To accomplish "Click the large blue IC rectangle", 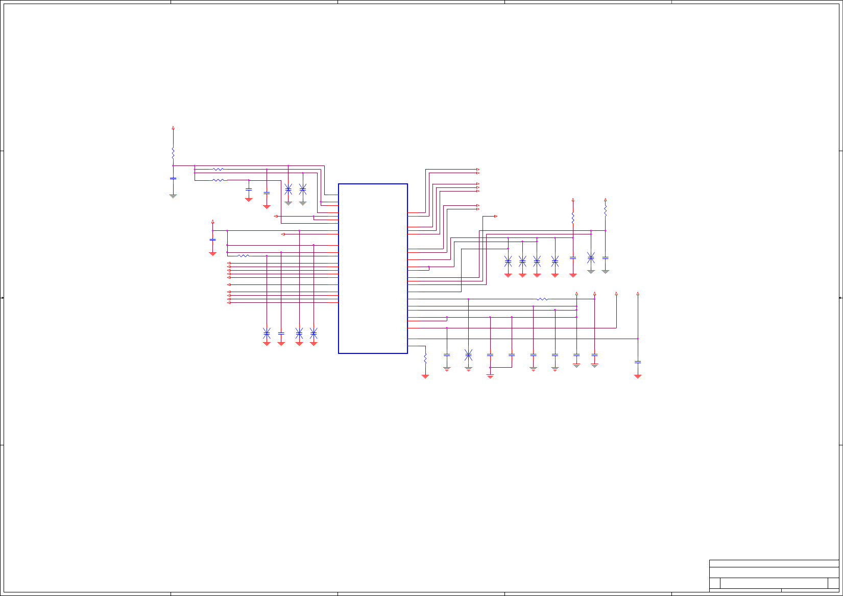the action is point(373,268).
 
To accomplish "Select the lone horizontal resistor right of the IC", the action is point(542,299).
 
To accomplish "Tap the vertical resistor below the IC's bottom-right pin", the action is point(425,359).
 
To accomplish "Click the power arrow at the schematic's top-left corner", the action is point(173,128).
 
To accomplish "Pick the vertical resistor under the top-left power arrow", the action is point(173,152).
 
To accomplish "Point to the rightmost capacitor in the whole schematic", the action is point(638,362).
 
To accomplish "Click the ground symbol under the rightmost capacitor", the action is point(638,376).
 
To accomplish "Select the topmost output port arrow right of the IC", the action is point(477,170).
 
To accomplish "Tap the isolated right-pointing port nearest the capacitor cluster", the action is point(495,217).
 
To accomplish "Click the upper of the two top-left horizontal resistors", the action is point(218,170).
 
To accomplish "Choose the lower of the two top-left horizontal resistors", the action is point(218,180).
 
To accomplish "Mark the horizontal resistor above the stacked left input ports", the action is point(244,256).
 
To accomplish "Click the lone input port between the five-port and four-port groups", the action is point(229,285).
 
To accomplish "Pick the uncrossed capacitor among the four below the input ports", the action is point(281,333).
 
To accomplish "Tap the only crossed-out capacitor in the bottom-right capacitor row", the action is point(468,355).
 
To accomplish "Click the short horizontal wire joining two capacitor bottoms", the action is point(501,367).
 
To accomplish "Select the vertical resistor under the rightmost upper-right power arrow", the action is point(606,210).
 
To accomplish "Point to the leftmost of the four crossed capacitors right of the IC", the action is point(508,261).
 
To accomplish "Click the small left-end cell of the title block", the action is point(714,583).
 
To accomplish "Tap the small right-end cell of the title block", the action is point(833,583).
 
